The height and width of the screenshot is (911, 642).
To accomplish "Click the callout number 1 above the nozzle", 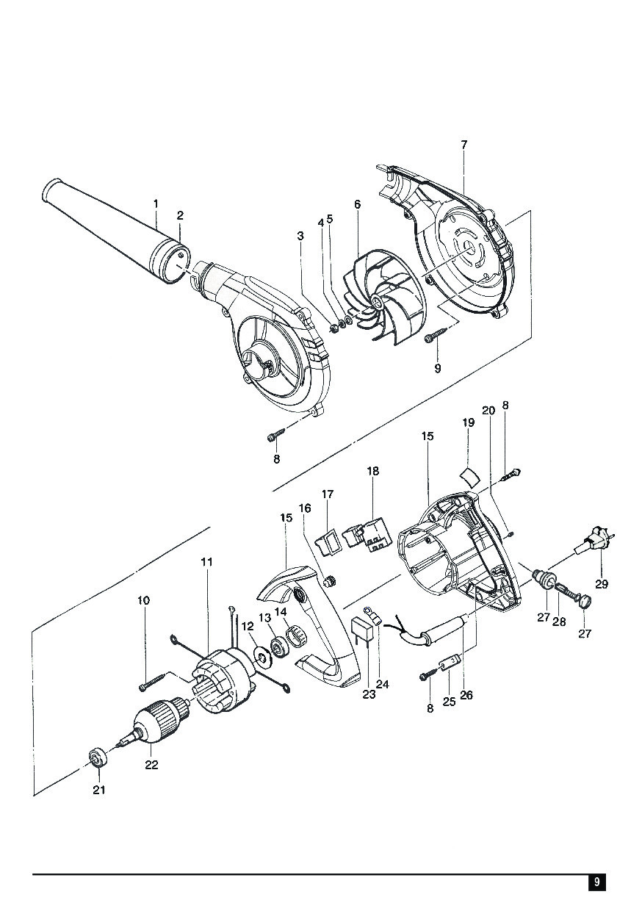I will [156, 203].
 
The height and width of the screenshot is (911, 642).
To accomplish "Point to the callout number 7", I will [464, 145].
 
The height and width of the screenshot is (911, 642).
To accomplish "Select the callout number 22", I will [151, 765].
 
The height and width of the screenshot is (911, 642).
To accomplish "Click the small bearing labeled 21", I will [95, 757].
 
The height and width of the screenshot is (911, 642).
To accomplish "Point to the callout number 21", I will [98, 791].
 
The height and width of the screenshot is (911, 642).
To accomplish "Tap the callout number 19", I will [468, 422].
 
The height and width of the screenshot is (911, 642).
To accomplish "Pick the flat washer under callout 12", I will [261, 656].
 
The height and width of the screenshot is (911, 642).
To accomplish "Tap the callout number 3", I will [300, 236].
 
